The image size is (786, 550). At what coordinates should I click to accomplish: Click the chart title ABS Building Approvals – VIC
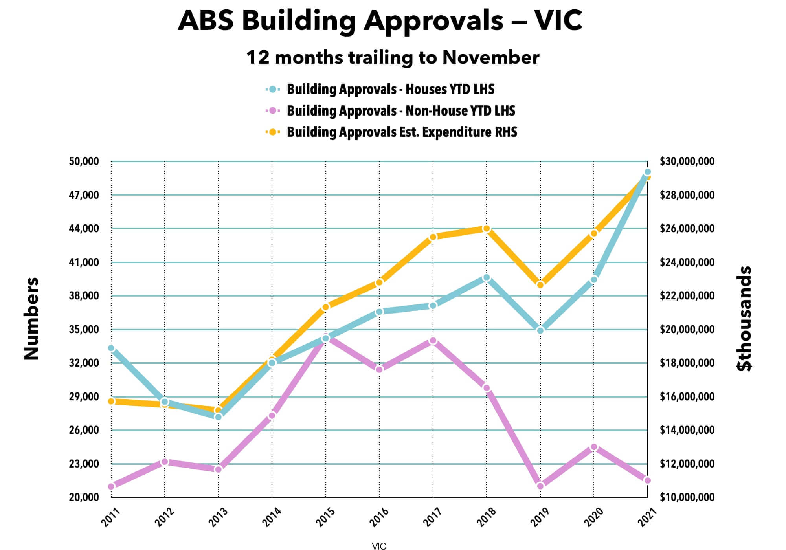[x=380, y=20]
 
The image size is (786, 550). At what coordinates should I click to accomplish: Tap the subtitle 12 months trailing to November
[x=393, y=57]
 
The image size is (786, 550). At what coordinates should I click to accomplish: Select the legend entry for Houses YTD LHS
[x=390, y=89]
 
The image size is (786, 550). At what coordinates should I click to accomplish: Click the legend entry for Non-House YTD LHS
[x=400, y=111]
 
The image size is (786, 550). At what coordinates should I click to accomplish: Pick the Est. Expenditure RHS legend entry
[x=402, y=132]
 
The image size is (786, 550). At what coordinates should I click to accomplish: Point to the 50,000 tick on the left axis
[x=84, y=161]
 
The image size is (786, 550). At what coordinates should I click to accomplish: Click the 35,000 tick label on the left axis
[x=84, y=329]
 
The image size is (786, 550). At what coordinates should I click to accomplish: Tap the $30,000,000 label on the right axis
[x=687, y=161]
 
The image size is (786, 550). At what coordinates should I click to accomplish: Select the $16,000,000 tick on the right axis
[x=687, y=397]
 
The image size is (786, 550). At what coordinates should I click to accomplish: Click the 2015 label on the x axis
[x=325, y=517]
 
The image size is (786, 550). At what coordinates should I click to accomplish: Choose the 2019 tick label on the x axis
[x=540, y=517]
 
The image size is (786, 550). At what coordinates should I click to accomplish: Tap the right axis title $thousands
[x=744, y=319]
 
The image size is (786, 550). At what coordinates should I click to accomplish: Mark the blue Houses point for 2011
[x=111, y=348]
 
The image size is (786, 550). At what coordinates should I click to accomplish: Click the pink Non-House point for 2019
[x=540, y=486]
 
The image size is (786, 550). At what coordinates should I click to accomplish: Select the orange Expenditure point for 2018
[x=487, y=229]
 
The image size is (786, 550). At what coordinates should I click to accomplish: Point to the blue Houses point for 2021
[x=648, y=172]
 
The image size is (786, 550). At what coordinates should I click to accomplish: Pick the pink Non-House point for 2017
[x=433, y=341]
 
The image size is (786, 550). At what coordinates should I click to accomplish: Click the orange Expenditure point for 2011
[x=111, y=401]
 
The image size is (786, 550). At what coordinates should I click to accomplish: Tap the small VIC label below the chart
[x=379, y=546]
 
